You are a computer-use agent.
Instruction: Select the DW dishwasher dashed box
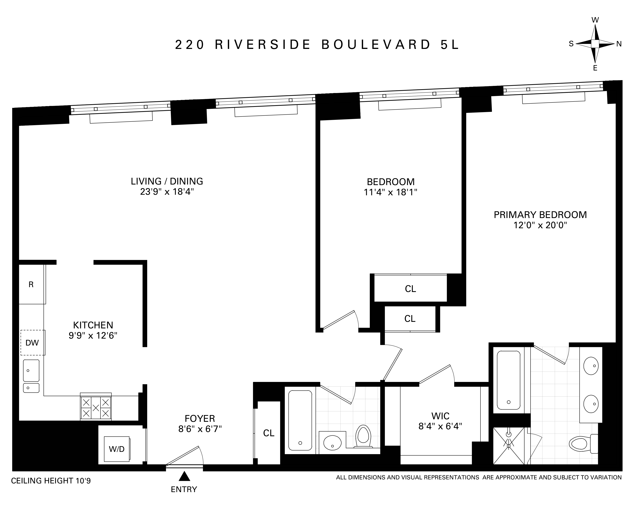coord(32,343)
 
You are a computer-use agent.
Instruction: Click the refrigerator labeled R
coord(31,284)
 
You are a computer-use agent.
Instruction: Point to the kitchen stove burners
coord(96,408)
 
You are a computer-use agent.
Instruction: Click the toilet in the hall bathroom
coord(363,437)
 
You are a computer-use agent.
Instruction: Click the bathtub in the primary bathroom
coord(508,380)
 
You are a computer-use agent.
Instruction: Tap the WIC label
coord(440,416)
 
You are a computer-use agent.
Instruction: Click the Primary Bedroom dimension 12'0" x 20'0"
coord(540,225)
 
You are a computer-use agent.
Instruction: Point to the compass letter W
coord(595,20)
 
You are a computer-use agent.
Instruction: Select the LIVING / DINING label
coord(167,181)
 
